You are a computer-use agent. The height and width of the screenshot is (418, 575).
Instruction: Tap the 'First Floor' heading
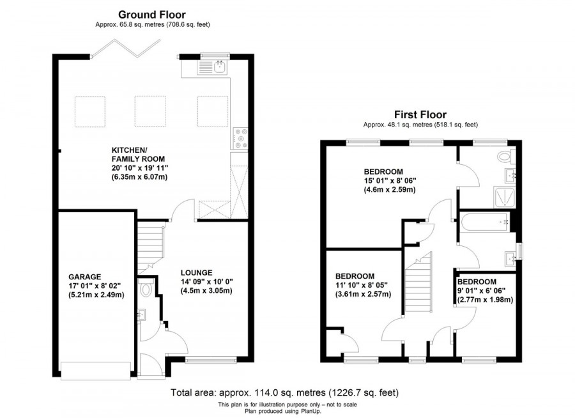(420, 114)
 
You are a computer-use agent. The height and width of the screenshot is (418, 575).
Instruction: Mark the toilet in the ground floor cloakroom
(147, 290)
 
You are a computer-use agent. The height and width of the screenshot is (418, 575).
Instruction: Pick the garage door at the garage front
(95, 369)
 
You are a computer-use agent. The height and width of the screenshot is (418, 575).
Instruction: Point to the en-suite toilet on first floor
(507, 155)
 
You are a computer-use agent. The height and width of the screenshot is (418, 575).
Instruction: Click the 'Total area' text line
(285, 392)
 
